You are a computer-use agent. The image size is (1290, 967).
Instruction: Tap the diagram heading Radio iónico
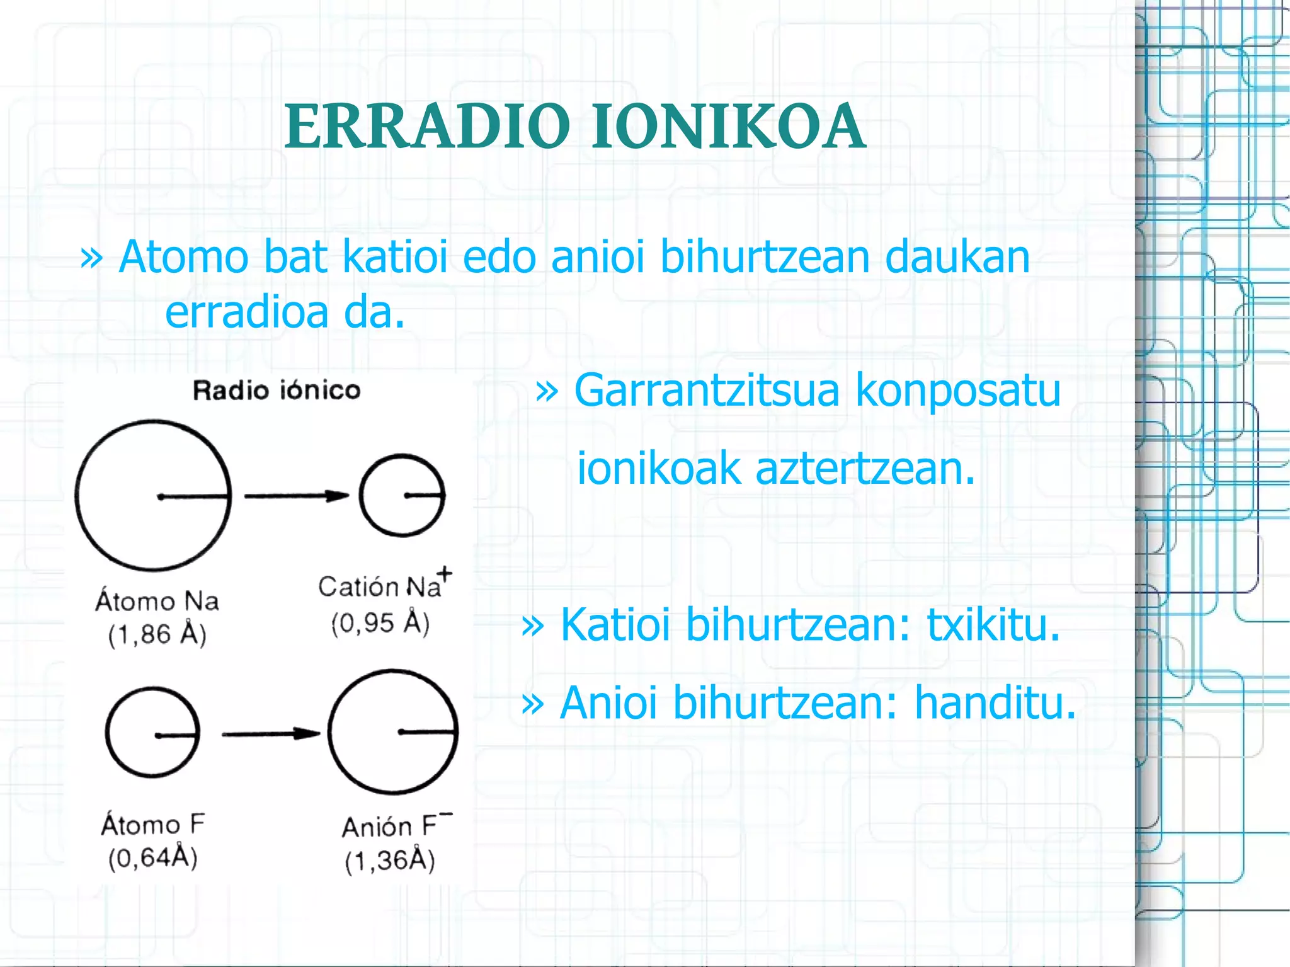[277, 391]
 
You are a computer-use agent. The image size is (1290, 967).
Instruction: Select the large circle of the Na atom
[153, 495]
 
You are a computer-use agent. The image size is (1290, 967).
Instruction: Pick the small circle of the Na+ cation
[402, 495]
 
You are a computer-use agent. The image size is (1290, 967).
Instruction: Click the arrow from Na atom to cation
[296, 496]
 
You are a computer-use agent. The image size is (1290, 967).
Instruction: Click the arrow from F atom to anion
[271, 734]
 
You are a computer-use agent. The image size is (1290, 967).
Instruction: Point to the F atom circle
[152, 733]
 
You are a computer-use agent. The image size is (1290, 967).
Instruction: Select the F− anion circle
[393, 731]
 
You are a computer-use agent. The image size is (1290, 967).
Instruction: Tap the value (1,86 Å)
[157, 634]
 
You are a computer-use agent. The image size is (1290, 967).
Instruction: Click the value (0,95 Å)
[380, 623]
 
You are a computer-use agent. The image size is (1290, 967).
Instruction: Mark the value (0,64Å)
[153, 857]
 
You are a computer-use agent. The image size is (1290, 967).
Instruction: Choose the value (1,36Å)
[390, 861]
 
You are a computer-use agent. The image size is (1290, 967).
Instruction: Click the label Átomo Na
[157, 600]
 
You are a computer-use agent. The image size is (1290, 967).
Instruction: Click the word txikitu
[993, 625]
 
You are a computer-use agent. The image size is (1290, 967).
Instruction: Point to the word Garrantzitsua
[706, 391]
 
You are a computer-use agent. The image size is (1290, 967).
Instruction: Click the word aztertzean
[865, 469]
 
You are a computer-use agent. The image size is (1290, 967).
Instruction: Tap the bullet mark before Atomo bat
[91, 257]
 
